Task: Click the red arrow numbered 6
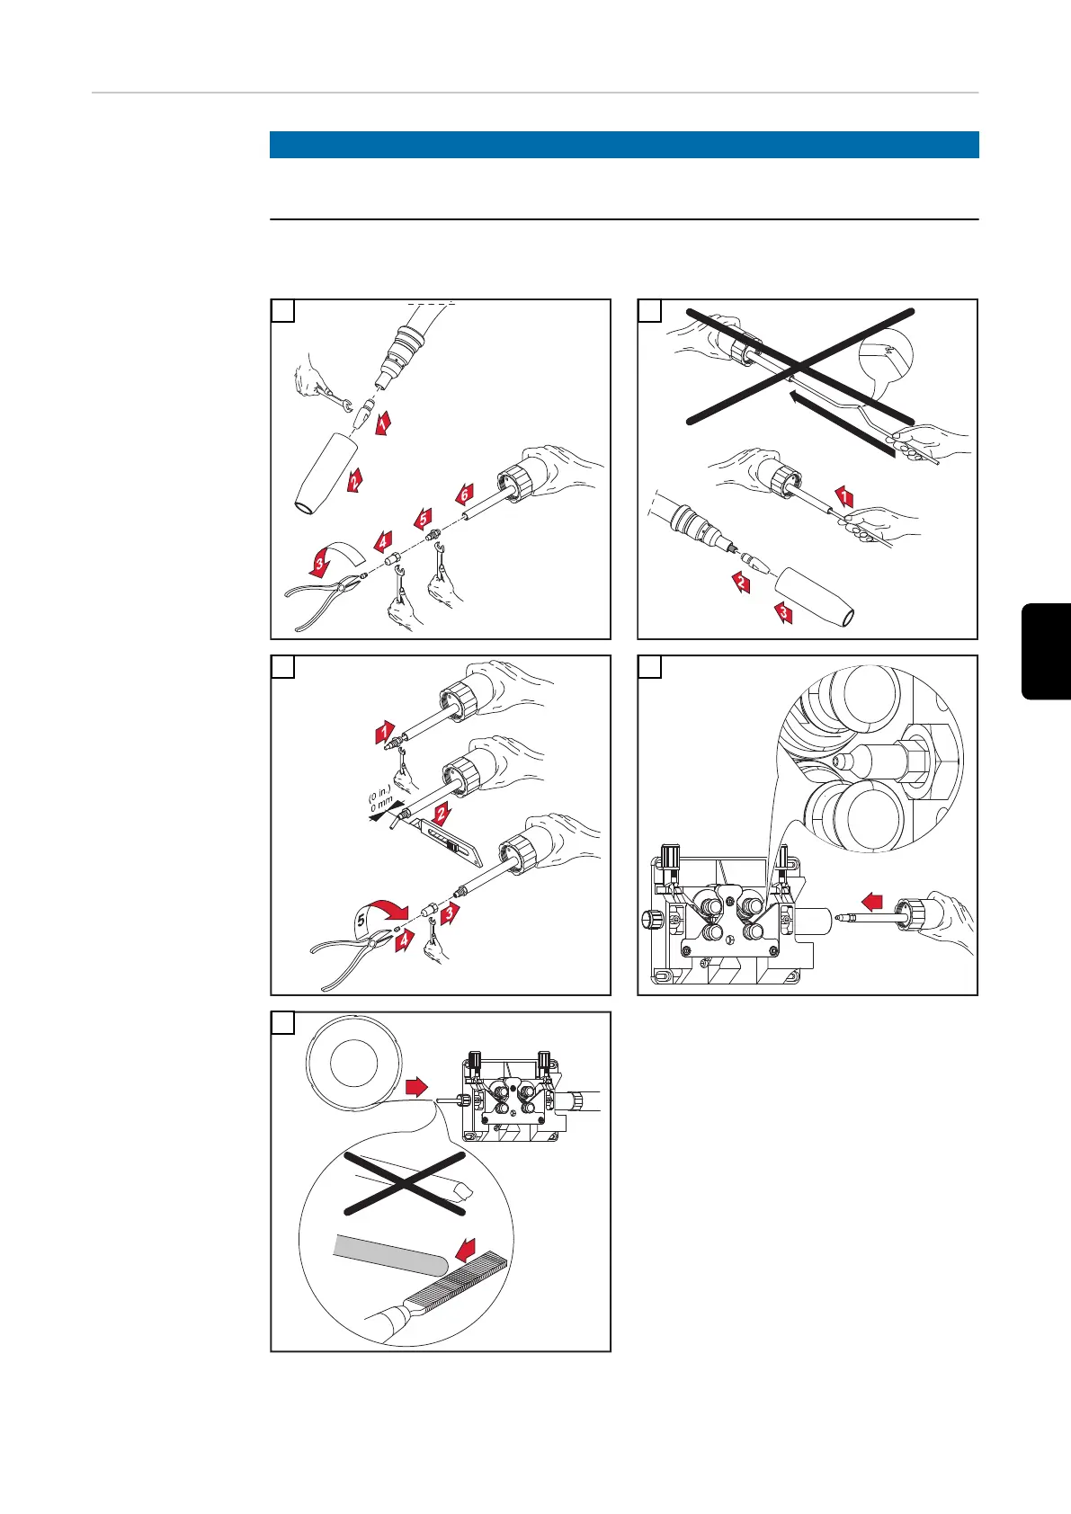coord(464,494)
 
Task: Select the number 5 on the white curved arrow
coord(361,921)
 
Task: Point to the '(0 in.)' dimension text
coord(379,793)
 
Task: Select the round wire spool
coord(353,1063)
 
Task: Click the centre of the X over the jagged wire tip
coord(405,1183)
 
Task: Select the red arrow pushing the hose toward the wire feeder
coord(873,900)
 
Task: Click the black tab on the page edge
coord(1046,652)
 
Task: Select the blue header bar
coord(624,145)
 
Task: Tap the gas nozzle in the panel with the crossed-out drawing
coord(816,595)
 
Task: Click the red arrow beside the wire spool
coord(415,1088)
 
